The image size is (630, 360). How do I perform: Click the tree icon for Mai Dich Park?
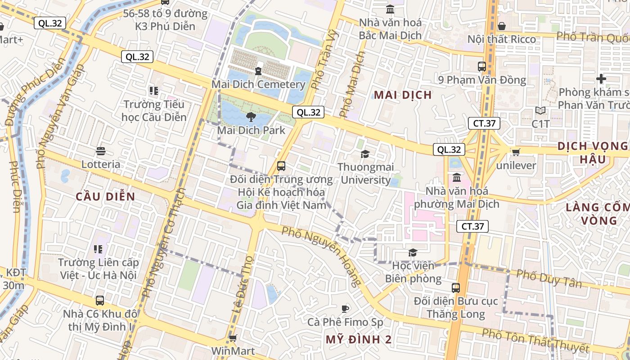[x=251, y=117]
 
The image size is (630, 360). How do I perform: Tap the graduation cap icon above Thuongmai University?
[x=364, y=154]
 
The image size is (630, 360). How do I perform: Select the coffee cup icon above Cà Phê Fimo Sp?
[x=345, y=309]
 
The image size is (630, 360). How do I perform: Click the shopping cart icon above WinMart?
[x=233, y=337]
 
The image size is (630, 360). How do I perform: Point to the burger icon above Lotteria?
[x=100, y=151]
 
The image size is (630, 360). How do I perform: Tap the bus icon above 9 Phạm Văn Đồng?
[x=482, y=67]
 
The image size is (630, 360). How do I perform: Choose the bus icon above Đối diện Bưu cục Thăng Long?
[x=456, y=288]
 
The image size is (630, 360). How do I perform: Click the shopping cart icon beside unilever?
[x=516, y=152]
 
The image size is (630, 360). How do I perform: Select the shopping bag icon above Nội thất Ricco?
[x=502, y=26]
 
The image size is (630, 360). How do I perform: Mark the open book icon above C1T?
[x=540, y=111]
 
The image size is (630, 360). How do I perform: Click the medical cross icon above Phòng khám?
[x=601, y=79]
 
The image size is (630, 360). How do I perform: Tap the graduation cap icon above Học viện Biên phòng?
[x=413, y=252]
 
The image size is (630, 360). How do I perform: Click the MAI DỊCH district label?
[x=403, y=95]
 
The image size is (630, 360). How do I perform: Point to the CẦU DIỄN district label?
[x=105, y=197]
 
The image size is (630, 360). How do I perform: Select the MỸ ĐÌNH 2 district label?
[x=359, y=340]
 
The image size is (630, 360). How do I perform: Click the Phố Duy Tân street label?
[x=549, y=279]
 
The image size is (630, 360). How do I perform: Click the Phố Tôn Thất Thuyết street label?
[x=535, y=341]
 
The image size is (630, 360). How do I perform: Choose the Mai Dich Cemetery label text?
[x=258, y=84]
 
